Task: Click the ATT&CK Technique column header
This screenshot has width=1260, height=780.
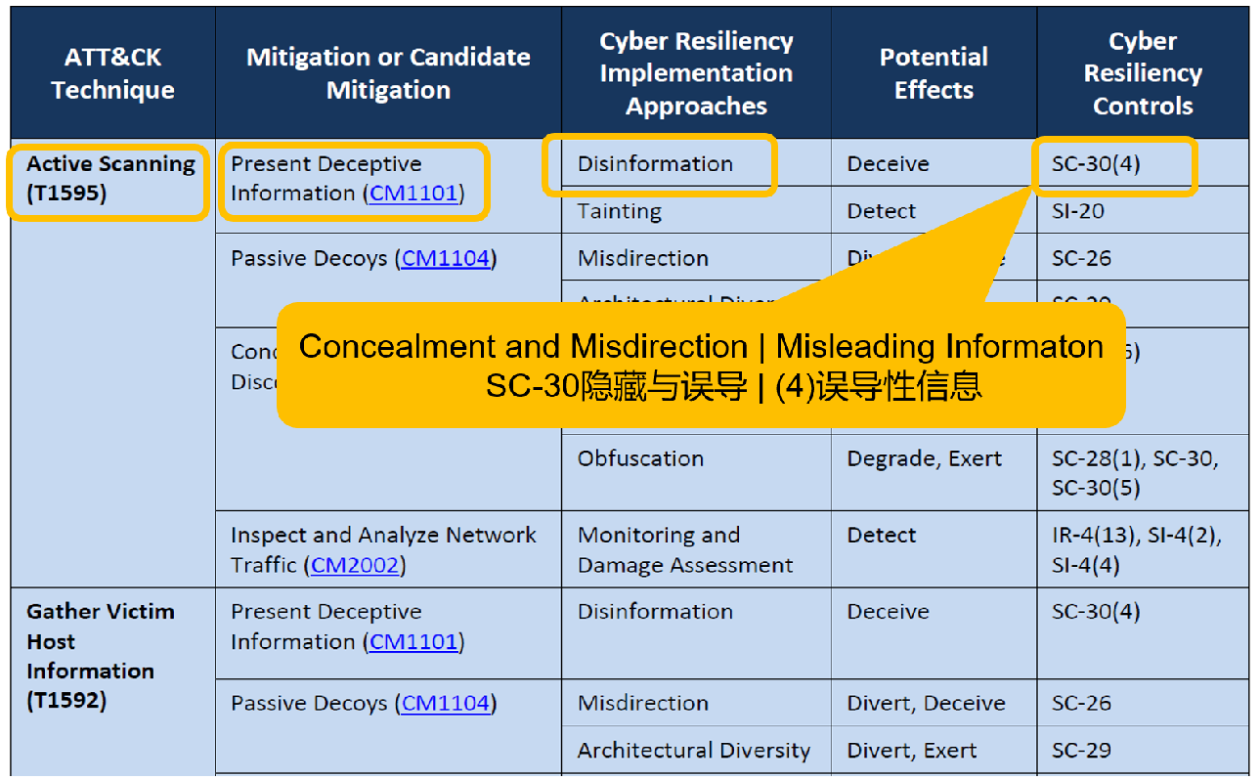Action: pos(112,73)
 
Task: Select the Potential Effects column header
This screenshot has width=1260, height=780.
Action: pos(934,73)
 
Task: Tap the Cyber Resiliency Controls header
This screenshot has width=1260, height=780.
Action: pos(1142,73)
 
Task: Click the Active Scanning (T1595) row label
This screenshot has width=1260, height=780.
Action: pos(110,178)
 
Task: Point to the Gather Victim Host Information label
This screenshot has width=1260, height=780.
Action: pos(101,655)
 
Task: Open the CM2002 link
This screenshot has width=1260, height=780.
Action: pos(356,565)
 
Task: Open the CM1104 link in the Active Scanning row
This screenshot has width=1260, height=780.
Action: pos(446,258)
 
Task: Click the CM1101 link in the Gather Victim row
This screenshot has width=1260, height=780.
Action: pos(413,641)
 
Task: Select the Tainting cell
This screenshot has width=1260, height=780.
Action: pos(619,211)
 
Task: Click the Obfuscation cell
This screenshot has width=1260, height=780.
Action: pos(640,458)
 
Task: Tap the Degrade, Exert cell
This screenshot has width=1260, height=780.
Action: pos(924,458)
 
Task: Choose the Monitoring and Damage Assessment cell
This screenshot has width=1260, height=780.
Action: pos(684,549)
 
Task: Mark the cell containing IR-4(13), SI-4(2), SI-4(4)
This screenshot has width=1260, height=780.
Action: pos(1136,549)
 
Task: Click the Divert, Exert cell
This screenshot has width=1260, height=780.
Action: pos(911,751)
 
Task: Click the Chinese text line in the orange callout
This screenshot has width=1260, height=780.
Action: pos(733,387)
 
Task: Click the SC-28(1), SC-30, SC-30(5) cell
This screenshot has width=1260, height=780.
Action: pos(1134,473)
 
